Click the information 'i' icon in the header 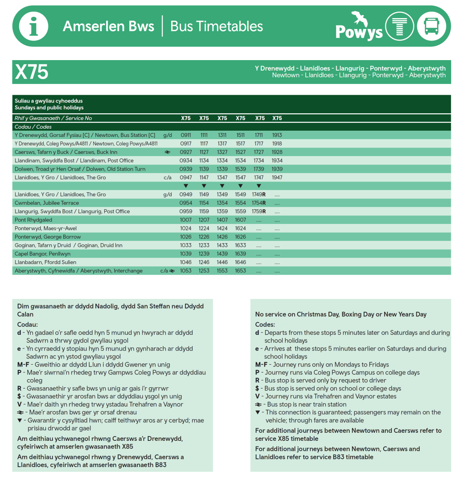coord(34,26)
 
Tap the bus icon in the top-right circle coord(431,26)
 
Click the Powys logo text coord(359,31)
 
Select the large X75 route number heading coord(31,72)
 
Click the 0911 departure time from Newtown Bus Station coord(186,135)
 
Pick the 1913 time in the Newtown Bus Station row coord(277,135)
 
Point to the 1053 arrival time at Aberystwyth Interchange coord(186,271)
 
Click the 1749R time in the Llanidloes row coord(259,194)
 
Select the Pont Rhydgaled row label coord(34,220)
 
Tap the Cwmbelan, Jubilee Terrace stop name coord(47,203)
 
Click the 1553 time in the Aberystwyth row coord(222,271)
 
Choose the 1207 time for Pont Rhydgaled coord(204,220)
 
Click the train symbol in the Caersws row coord(168,152)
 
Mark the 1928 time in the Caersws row coord(277,152)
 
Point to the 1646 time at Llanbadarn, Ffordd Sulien coord(240,262)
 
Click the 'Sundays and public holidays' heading coord(49,108)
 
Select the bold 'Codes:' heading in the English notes coord(265,324)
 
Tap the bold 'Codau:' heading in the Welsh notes coord(27,324)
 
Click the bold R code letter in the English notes coord(257,380)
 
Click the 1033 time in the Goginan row coord(186,245)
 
